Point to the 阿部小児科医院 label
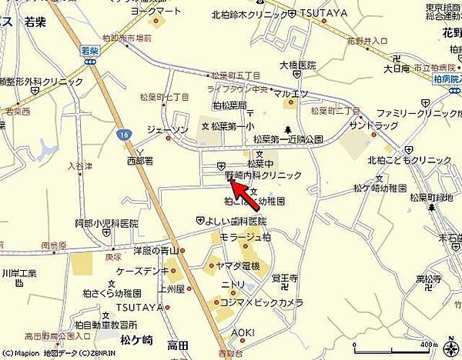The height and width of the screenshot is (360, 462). tap(106, 223)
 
